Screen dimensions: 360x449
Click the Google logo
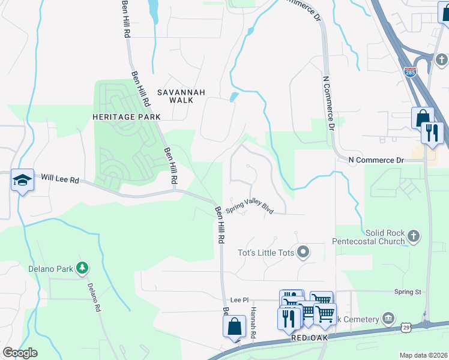pos(19,353)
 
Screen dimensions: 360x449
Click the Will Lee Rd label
pos(60,178)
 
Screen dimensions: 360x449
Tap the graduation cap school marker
pos(22,181)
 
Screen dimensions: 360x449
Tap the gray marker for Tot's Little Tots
pos(304,252)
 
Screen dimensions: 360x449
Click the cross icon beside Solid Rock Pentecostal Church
pos(412,237)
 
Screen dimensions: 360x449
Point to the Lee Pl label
pos(240,299)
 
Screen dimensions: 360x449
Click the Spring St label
pos(408,292)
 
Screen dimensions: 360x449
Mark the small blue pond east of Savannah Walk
pos(234,96)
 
